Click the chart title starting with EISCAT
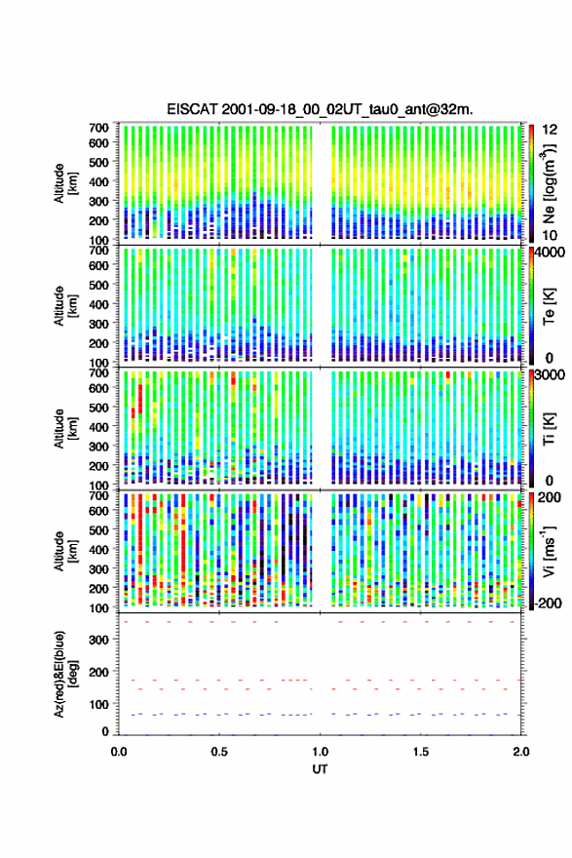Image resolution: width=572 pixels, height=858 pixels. pos(320,109)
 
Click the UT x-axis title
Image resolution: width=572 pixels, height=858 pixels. pos(320,769)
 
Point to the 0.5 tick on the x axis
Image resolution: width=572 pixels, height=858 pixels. pos(219,752)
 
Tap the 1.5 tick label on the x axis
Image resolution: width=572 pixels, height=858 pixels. pos(421,752)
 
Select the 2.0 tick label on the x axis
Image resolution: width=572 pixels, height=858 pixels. pos(520,752)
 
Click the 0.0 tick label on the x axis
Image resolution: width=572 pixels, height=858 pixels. pos(119,752)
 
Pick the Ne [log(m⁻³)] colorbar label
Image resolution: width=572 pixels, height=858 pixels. pos(549,184)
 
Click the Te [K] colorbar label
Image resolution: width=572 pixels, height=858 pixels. pos(549,307)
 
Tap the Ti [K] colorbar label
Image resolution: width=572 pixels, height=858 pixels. pos(549,429)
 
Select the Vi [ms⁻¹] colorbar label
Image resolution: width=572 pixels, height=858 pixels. pos(549,551)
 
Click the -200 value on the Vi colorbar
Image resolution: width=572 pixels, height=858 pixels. pos(548,603)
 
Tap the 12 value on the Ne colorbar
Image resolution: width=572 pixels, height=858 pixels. pos(550,130)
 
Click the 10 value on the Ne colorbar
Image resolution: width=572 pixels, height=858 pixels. pos(550,235)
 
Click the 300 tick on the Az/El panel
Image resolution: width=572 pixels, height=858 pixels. pos(99,640)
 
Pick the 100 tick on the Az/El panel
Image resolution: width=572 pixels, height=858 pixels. pos(99,704)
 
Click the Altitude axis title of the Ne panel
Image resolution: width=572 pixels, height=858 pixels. pos(66,182)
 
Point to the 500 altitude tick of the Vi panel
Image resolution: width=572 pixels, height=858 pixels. pos(99,529)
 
